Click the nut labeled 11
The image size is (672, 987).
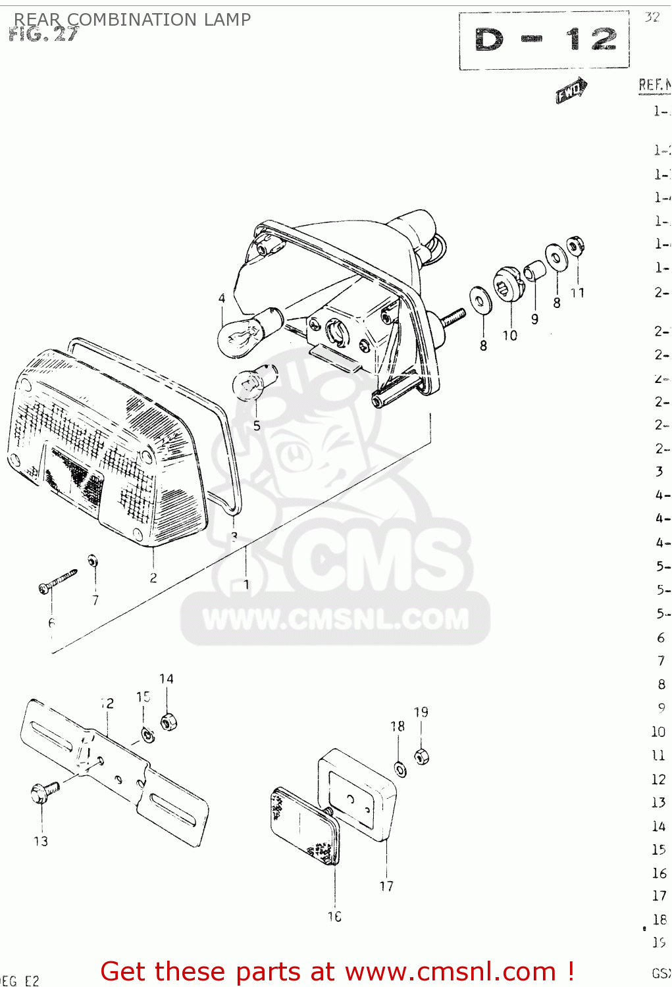pos(575,246)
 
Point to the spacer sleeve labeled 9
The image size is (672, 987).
pos(534,270)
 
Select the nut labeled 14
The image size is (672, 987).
pos(168,722)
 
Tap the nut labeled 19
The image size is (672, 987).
pos(421,756)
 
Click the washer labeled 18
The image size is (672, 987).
pos(400,768)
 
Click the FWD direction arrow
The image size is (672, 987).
pos(571,91)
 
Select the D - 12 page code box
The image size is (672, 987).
pos(544,40)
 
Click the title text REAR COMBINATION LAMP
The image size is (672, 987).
pos(132,19)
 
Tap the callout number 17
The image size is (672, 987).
pos(386,886)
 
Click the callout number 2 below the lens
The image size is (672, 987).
pos(153,578)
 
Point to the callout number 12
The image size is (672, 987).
pos(107,703)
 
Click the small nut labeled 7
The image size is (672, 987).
pos(93,561)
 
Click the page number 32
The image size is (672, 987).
pos(652,17)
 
